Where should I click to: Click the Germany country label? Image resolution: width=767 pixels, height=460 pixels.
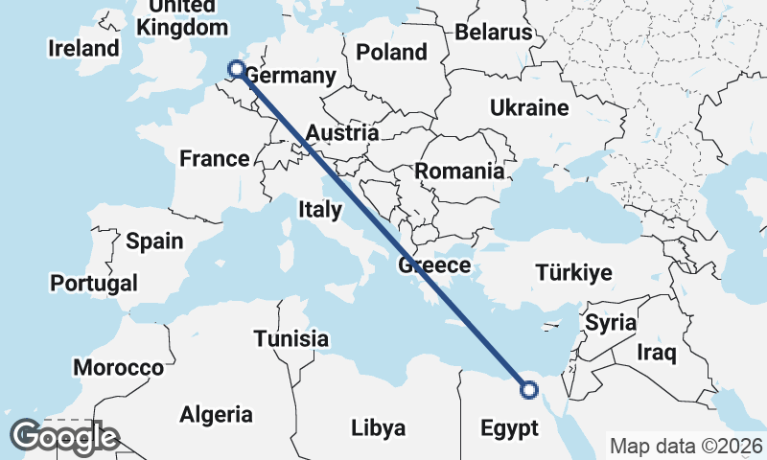tap(291, 77)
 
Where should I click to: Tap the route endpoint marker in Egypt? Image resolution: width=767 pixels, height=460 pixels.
tap(528, 389)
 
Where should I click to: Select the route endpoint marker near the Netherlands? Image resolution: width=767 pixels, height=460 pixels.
tap(236, 68)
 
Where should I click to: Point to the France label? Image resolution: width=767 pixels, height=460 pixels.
tap(215, 159)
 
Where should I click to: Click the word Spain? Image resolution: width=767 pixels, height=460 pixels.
tap(154, 241)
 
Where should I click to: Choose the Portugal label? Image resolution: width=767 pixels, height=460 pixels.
tap(94, 284)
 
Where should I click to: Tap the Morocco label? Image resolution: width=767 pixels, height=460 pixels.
tap(119, 368)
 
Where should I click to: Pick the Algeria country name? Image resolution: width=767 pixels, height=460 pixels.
tap(217, 415)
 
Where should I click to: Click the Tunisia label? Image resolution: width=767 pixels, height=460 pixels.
tap(291, 338)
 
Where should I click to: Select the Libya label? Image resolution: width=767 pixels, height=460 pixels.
tap(378, 427)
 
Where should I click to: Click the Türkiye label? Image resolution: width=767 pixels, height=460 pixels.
tap(574, 273)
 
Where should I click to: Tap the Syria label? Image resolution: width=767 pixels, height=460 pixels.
tap(611, 323)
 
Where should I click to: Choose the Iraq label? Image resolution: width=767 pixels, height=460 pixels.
tap(657, 354)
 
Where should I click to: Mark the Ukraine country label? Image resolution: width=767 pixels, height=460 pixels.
tap(529, 107)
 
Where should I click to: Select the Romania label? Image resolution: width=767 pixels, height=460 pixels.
tap(459, 172)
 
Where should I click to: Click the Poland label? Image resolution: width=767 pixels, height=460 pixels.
tap(391, 52)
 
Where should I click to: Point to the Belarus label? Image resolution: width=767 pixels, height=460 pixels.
tap(493, 33)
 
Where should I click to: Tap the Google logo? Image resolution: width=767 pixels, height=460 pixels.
tap(63, 437)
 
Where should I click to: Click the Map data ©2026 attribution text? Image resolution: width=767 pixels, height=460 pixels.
tap(686, 446)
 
